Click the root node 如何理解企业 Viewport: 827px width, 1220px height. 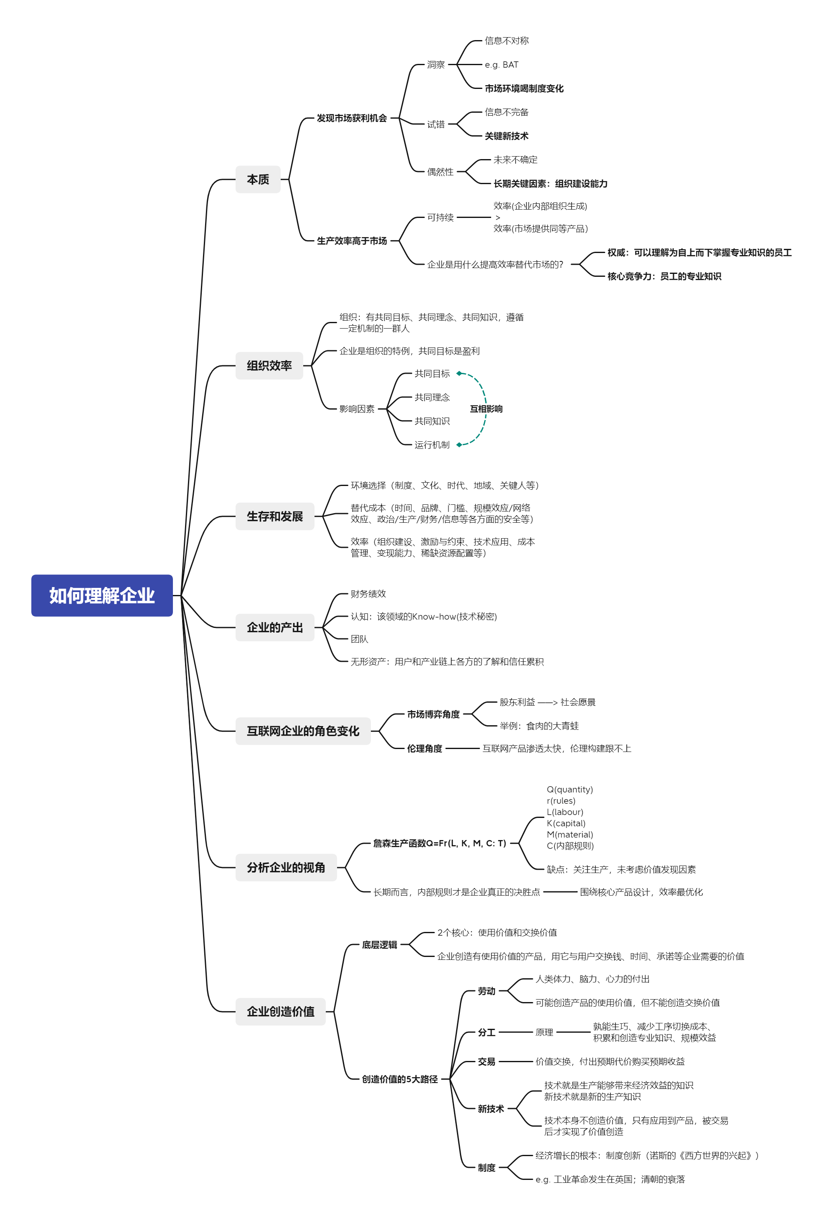point(102,595)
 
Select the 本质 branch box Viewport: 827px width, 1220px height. point(258,180)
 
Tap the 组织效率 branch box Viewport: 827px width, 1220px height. point(269,365)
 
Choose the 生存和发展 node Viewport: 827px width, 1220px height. point(274,516)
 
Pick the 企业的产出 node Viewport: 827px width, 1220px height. point(274,627)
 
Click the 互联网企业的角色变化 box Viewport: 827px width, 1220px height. point(303,731)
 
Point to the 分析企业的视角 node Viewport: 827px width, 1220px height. point(286,867)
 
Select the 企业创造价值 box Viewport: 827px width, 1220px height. point(280,1011)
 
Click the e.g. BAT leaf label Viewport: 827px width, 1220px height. point(502,65)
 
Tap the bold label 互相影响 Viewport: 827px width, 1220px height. point(486,409)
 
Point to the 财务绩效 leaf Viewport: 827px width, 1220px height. point(368,594)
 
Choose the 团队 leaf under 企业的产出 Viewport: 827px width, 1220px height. point(359,639)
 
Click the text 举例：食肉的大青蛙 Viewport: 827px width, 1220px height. point(539,726)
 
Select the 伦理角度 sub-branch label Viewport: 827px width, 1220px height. point(424,749)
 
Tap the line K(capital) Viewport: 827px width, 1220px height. point(566,823)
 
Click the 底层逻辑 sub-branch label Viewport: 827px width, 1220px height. point(379,945)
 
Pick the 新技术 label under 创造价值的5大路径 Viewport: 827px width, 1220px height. point(490,1109)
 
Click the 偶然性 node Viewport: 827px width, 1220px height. point(440,172)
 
